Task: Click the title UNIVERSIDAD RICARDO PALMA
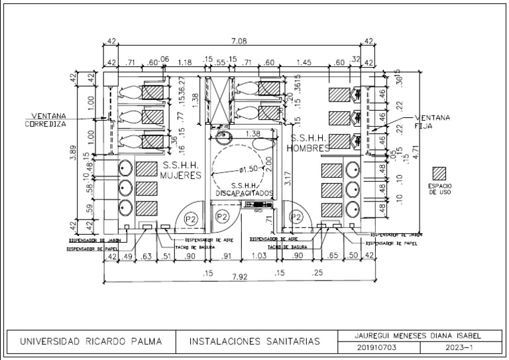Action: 93,342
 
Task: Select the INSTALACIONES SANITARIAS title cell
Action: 255,342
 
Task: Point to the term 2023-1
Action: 460,347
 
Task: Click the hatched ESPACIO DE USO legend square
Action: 439,174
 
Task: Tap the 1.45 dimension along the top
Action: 304,62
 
